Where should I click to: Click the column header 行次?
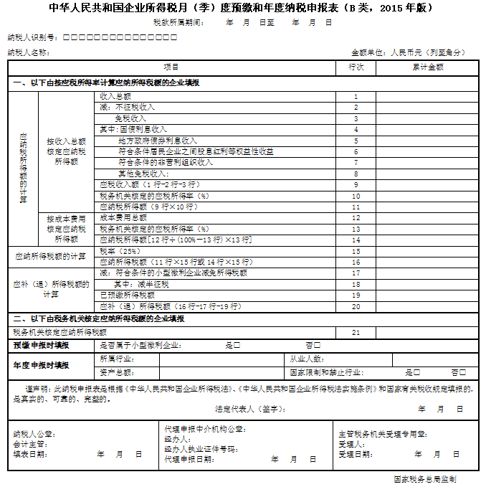[356, 67]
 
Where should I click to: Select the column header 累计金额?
[427, 67]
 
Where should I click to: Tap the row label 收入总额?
[115, 95]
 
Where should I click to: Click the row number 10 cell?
[356, 195]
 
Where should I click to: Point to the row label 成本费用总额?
[123, 217]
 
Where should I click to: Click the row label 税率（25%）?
[120, 251]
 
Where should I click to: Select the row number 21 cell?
[356, 333]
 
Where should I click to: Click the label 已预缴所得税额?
[127, 295]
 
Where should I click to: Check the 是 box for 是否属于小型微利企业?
[237, 346]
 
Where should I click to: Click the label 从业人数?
[307, 359]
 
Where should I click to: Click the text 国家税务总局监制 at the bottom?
[425, 478]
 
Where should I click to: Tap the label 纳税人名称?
[28, 52]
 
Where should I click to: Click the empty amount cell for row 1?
[427, 96]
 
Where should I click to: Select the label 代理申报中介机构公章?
[204, 430]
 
